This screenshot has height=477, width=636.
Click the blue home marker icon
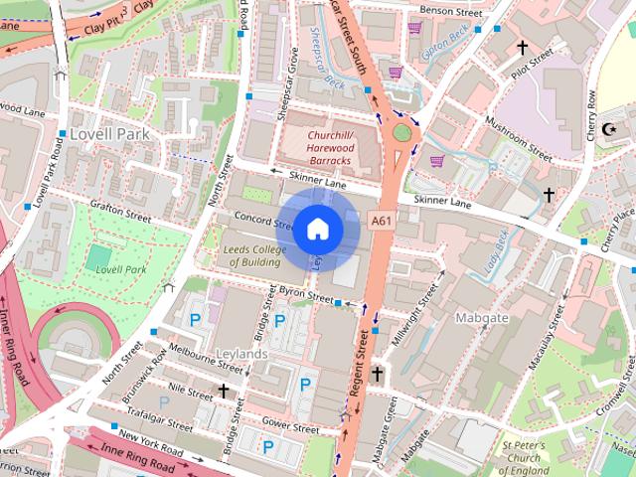pos(317,229)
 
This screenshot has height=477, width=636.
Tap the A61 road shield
pos(381,220)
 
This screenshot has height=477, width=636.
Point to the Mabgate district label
pos(481,318)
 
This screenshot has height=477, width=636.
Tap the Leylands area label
pos(239,354)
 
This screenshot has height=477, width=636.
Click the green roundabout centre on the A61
pos(401,132)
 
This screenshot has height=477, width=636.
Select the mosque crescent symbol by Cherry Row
pos(612,129)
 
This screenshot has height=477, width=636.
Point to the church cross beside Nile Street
pos(225,392)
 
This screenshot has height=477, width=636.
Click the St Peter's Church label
pos(525,458)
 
